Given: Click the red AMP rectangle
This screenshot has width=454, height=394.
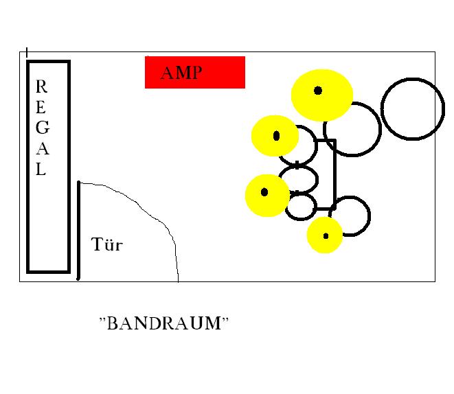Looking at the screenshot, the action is click(x=195, y=72).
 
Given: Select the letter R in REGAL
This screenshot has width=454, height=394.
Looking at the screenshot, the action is click(x=41, y=86).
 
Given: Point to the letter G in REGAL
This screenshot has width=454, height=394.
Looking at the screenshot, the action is click(x=43, y=128).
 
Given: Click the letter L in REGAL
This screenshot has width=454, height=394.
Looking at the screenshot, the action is click(x=41, y=169).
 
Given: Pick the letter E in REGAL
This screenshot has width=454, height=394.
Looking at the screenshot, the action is click(x=41, y=107).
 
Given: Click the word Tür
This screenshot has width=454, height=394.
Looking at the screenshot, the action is click(x=107, y=244).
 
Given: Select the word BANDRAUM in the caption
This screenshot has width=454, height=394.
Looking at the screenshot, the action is click(x=164, y=323).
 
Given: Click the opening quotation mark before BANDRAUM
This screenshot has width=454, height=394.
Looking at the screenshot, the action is click(x=102, y=319).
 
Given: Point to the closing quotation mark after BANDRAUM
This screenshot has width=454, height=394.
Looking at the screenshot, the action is click(x=225, y=319).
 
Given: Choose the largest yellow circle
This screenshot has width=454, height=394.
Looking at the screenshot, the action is click(x=322, y=95).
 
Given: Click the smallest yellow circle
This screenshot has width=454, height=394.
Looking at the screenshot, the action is click(x=325, y=235).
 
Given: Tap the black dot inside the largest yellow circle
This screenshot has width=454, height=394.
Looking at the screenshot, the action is click(x=318, y=91).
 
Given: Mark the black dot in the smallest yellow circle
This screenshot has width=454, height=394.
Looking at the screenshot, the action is click(x=326, y=236).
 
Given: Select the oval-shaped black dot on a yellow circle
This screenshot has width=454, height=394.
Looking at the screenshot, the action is click(x=277, y=136).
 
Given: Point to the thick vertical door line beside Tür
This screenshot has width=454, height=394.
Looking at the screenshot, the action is click(x=78, y=231).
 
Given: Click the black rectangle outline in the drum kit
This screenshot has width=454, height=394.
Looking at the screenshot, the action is click(x=335, y=174).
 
